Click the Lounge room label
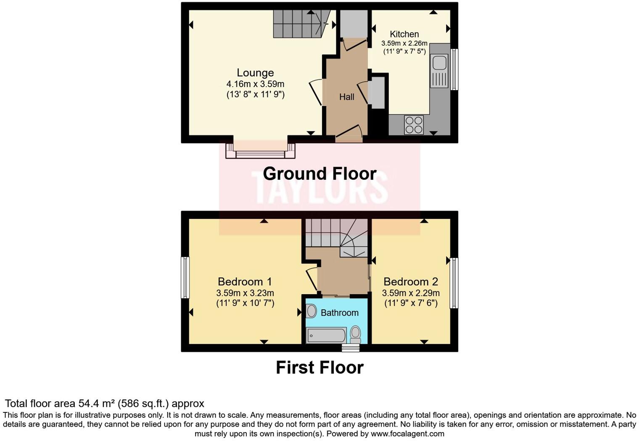pyautogui.click(x=255, y=73)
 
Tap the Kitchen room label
pyautogui.click(x=404, y=34)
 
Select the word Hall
pyautogui.click(x=346, y=97)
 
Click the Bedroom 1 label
pyautogui.click(x=245, y=282)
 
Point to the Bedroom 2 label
pyautogui.click(x=410, y=282)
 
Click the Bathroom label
pyautogui.click(x=339, y=313)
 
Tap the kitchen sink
pyautogui.click(x=439, y=63)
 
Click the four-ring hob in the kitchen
pyautogui.click(x=413, y=125)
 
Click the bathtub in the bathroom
pyautogui.click(x=327, y=335)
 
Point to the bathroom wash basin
pyautogui.click(x=312, y=311)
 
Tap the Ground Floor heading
pyautogui.click(x=319, y=173)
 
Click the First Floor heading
pyautogui.click(x=319, y=367)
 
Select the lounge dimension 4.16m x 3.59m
pyautogui.click(x=255, y=84)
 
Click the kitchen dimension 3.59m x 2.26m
pyautogui.click(x=404, y=43)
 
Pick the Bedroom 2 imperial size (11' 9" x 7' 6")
pyautogui.click(x=411, y=303)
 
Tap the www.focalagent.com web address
pyautogui.click(x=407, y=433)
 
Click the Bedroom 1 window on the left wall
pyautogui.click(x=185, y=278)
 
